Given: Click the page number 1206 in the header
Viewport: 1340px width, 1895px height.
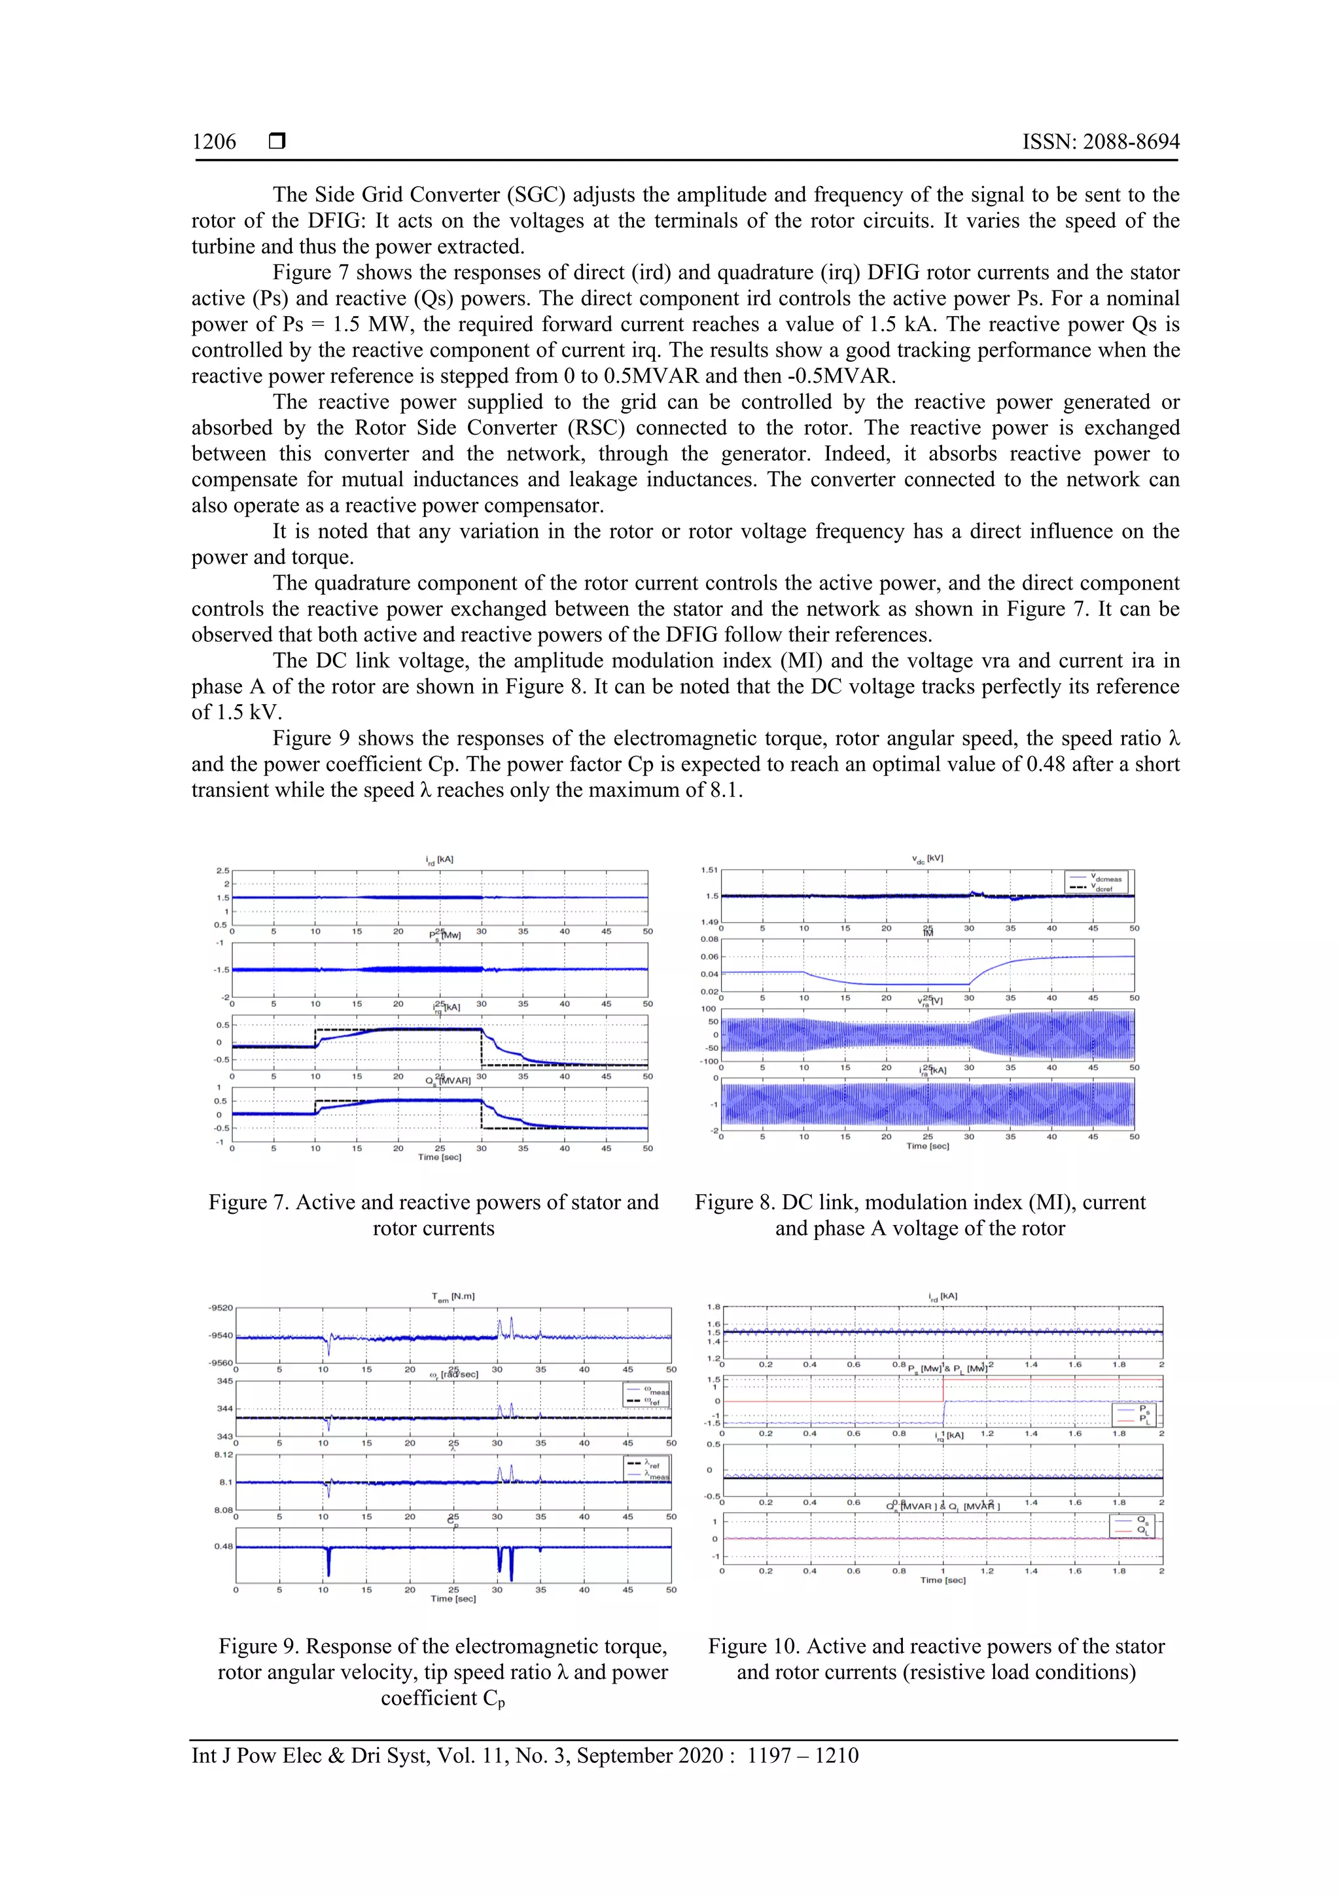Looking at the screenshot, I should (x=214, y=142).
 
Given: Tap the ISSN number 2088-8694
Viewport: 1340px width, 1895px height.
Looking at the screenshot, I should (x=1131, y=142).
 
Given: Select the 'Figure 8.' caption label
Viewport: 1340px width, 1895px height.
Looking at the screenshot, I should (x=735, y=1203).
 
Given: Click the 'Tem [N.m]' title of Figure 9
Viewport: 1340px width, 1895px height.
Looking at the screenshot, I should (x=453, y=1297).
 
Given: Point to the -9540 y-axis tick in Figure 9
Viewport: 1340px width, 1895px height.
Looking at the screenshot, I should (x=221, y=1336).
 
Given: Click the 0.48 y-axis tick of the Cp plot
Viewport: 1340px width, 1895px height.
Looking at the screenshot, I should (x=222, y=1546).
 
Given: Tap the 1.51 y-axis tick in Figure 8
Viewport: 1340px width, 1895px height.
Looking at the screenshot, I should (x=709, y=870).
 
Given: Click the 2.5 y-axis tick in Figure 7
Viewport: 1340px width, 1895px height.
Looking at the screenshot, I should (x=222, y=871).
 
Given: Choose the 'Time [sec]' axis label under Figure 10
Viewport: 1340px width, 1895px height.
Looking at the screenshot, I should (x=942, y=1580).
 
